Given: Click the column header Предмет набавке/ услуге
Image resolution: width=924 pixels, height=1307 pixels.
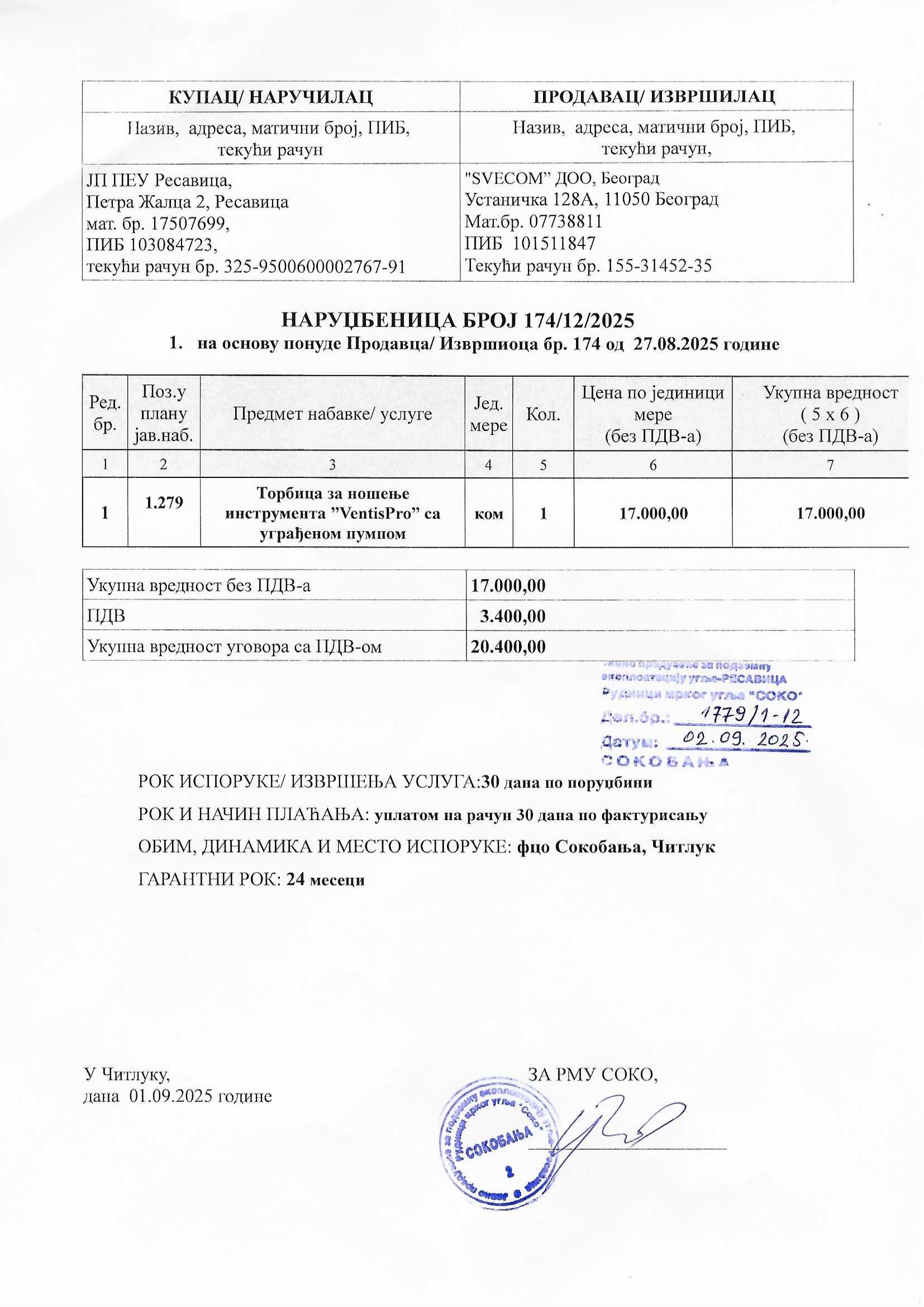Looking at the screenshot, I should point(332,414).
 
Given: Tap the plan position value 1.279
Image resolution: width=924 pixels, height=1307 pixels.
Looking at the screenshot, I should point(164,502).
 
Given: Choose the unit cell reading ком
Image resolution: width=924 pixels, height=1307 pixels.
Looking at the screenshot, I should point(489,513).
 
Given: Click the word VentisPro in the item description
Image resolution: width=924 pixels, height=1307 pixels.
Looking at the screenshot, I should point(375,513).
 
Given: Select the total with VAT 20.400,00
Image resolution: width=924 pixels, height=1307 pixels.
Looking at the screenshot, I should point(507,646).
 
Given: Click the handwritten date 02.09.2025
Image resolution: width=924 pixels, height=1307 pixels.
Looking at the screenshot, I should point(740,741).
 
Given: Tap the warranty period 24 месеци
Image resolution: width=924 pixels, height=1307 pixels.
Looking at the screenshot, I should point(326,879).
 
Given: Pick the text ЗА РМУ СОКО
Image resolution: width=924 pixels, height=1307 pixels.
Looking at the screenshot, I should point(593,1074).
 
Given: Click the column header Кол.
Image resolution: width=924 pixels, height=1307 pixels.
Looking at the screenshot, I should point(543,414).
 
